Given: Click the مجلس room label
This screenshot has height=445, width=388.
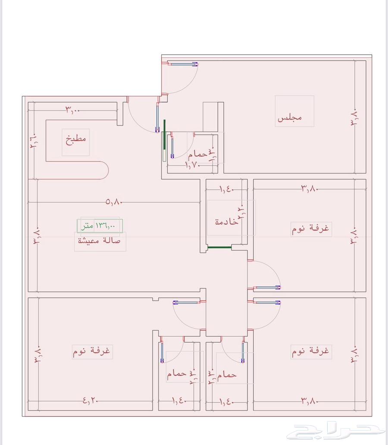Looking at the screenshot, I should (x=290, y=117).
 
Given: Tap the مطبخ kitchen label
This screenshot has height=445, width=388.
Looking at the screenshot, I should (x=76, y=139).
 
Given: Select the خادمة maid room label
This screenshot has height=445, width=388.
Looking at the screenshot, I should (x=226, y=222).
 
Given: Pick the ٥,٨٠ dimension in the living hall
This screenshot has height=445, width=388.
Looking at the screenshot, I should (x=113, y=201).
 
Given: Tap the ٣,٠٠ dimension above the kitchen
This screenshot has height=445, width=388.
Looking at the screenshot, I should (x=73, y=110).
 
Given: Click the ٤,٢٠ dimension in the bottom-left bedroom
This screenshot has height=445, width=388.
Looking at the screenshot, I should (x=91, y=401).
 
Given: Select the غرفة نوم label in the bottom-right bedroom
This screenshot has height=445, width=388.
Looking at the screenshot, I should (x=310, y=351).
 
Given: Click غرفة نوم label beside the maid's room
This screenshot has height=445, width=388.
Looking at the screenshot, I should (x=310, y=228).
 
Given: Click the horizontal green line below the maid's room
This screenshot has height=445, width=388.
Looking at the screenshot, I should (x=219, y=248).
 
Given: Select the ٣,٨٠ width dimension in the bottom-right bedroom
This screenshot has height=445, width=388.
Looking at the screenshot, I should (x=310, y=401).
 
